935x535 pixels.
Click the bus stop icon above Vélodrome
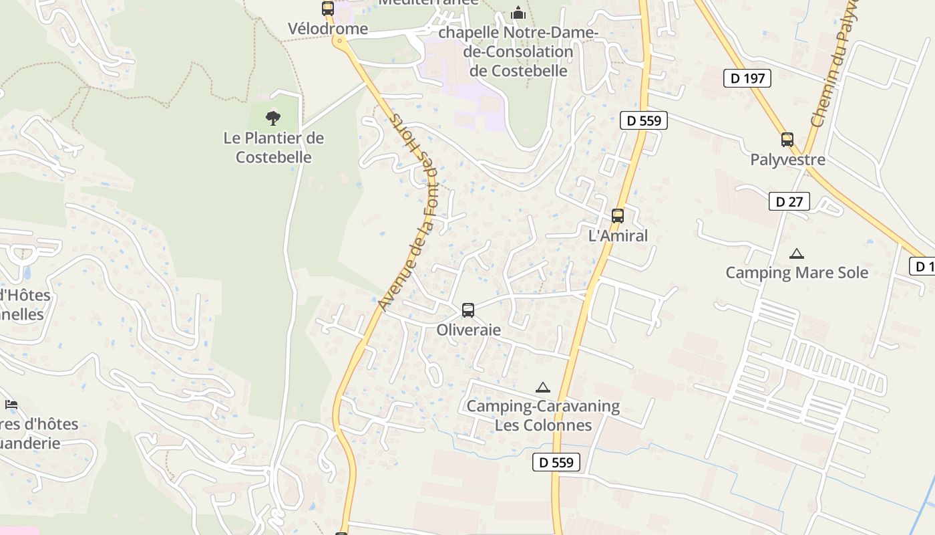pyautogui.click(x=327, y=9)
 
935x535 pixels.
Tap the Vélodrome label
pyautogui.click(x=328, y=29)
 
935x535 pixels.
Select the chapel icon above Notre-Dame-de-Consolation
pyautogui.click(x=518, y=13)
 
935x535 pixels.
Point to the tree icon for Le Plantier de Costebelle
pyautogui.click(x=272, y=118)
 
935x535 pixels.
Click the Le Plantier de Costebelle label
pyautogui.click(x=273, y=148)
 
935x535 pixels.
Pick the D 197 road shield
pyautogui.click(x=747, y=78)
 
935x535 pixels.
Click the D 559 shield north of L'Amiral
pyautogui.click(x=644, y=120)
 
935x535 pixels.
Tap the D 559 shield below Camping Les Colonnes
pyautogui.click(x=556, y=462)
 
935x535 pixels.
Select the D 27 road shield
pyautogui.click(x=789, y=201)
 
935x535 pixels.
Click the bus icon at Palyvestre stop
pyautogui.click(x=787, y=140)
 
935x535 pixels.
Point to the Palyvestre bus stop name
pyautogui.click(x=787, y=160)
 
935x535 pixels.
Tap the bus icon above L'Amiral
pyautogui.click(x=618, y=216)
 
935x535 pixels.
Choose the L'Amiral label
pyautogui.click(x=618, y=236)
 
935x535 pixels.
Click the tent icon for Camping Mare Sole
pyautogui.click(x=796, y=254)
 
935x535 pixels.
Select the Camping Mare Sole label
pyautogui.click(x=797, y=273)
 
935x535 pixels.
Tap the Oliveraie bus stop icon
pyautogui.click(x=468, y=310)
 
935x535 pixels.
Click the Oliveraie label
pyautogui.click(x=468, y=330)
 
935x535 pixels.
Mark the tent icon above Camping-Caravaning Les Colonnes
pyautogui.click(x=543, y=387)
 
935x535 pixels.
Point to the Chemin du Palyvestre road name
pyautogui.click(x=828, y=80)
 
